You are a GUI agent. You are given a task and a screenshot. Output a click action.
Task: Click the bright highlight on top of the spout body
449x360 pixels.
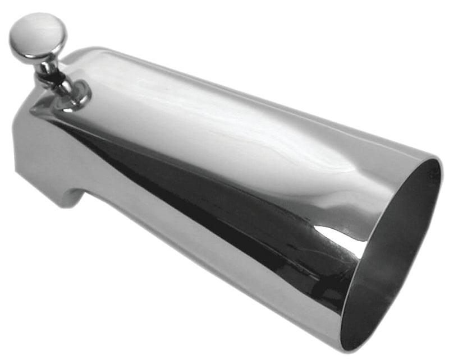tap(224, 129)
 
